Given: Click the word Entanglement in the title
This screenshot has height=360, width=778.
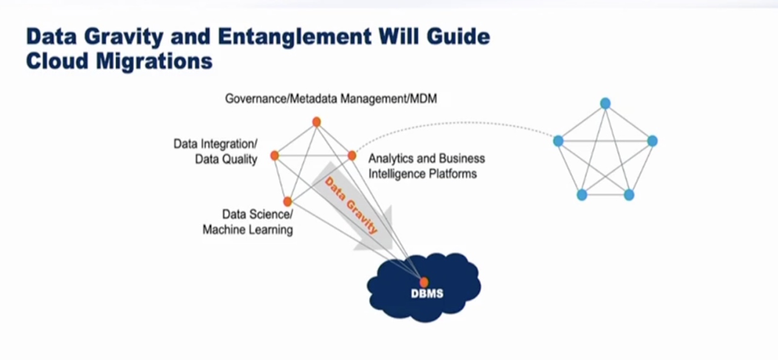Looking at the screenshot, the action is (x=295, y=38).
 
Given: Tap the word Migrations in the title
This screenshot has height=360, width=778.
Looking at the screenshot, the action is (x=154, y=61).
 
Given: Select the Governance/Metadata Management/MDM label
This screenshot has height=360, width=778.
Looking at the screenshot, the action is (x=331, y=99).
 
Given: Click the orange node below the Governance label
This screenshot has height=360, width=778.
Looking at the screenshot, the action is (x=317, y=122).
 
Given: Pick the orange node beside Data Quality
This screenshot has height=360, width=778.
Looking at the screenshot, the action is (x=274, y=155).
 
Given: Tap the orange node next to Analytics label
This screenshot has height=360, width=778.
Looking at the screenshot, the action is (x=352, y=156).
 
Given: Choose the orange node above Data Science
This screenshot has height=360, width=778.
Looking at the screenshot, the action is (x=287, y=201).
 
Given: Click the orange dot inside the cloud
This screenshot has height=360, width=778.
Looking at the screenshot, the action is (x=424, y=282).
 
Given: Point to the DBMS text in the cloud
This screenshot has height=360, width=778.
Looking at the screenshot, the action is (x=428, y=294).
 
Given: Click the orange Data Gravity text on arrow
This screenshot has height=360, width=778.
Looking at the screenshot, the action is (x=350, y=205).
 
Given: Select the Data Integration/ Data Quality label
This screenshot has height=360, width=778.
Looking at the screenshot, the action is (x=215, y=152).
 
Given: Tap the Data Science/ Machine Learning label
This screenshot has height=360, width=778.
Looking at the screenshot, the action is (x=247, y=222).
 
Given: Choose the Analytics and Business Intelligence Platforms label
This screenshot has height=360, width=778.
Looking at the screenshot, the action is (x=426, y=166).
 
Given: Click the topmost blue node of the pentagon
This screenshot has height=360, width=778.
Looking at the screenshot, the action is (x=605, y=104).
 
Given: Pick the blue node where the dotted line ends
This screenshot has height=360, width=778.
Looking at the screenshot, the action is (x=558, y=141).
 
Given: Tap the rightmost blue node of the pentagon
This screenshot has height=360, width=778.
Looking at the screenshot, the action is (x=652, y=141).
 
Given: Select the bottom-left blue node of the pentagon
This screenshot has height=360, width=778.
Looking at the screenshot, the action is (x=582, y=195).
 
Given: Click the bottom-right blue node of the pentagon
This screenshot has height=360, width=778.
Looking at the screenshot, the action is (x=629, y=195).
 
